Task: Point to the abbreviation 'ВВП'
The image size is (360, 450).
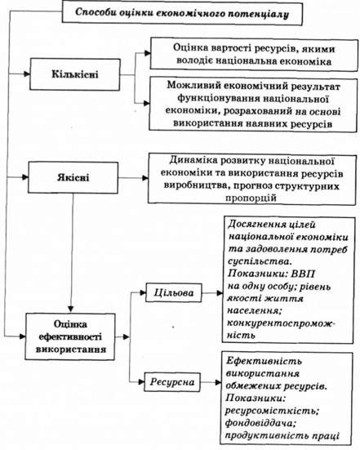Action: point(303,274)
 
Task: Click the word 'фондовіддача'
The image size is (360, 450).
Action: point(260,423)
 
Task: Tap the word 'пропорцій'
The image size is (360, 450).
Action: point(251,198)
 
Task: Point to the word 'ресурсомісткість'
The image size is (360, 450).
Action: point(272,411)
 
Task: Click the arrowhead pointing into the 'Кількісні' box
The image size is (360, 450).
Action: point(27,74)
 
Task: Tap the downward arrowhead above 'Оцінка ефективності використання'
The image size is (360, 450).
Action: point(71,310)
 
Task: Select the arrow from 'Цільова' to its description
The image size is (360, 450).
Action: point(212,293)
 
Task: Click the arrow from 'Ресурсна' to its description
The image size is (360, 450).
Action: point(211,382)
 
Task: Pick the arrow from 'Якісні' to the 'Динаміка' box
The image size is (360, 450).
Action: point(133,178)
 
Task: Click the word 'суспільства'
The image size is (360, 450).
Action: point(258,261)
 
